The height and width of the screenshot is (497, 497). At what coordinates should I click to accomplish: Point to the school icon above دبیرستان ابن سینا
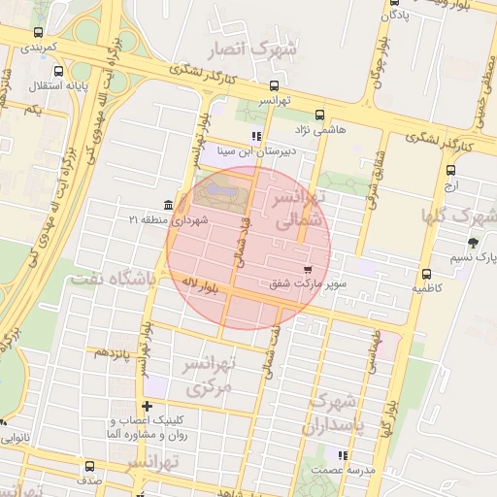pyautogui.click(x=256, y=136)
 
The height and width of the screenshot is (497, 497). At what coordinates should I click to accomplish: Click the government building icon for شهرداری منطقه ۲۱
pyautogui.click(x=170, y=204)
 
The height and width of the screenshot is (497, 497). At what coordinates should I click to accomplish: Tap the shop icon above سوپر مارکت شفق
pyautogui.click(x=308, y=269)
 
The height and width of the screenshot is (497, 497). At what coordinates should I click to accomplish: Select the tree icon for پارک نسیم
pyautogui.click(x=473, y=243)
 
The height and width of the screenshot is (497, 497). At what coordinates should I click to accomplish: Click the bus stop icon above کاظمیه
pyautogui.click(x=427, y=274)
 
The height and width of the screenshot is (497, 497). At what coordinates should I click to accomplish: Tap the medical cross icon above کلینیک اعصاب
pyautogui.click(x=147, y=406)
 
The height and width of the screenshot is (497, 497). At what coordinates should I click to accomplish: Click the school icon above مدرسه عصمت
pyautogui.click(x=342, y=454)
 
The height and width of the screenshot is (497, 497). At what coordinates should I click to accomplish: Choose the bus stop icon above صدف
pyautogui.click(x=89, y=466)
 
